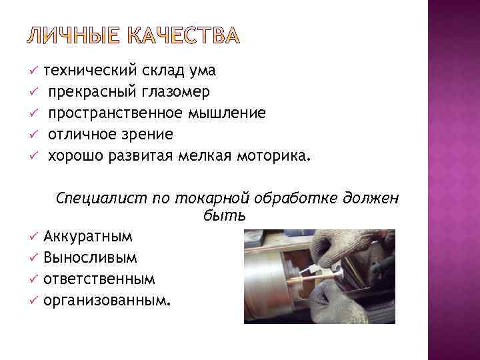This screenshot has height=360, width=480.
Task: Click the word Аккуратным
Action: (88, 237)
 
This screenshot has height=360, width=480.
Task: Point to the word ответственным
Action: (99, 279)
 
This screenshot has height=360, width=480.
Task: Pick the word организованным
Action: (107, 300)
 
